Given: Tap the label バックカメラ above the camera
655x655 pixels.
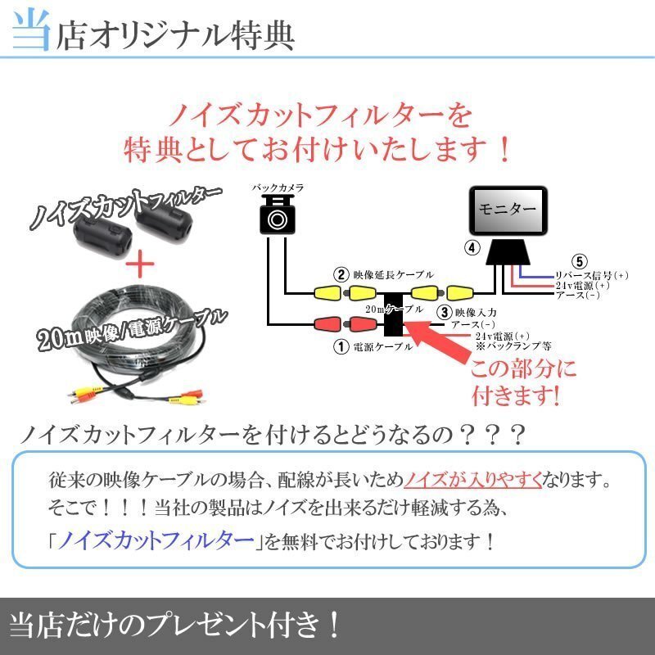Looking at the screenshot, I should point(278,188).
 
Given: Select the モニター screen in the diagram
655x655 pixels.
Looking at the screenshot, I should point(506,209).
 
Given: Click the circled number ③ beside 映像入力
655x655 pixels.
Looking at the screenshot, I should point(443,312).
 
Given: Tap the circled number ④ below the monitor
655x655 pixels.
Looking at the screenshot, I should point(472,246).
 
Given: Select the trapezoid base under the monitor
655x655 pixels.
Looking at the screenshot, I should point(507,253).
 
